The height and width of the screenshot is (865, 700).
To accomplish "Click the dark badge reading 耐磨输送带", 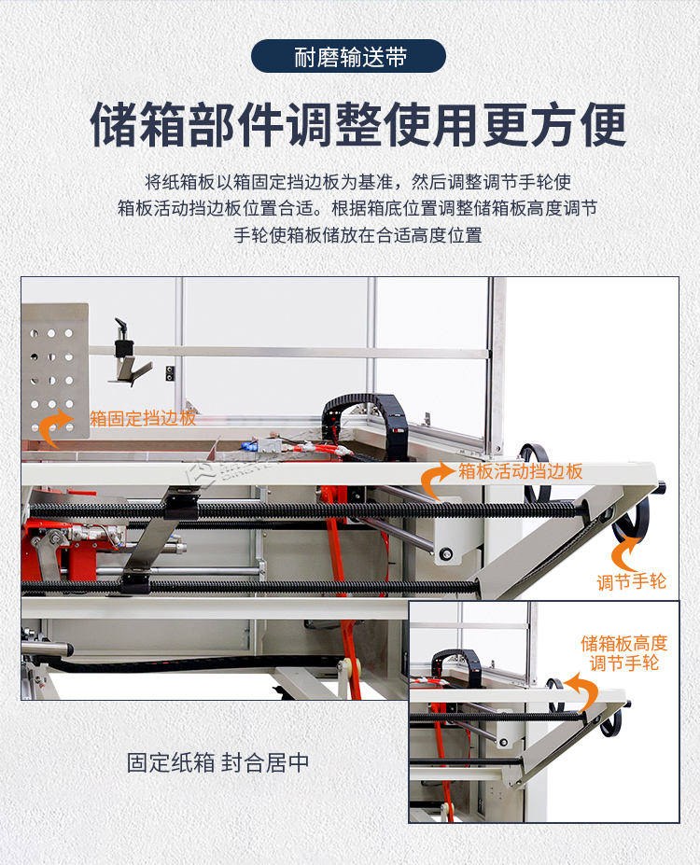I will pyautogui.click(x=349, y=57).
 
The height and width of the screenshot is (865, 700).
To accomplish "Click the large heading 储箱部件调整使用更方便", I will pyautogui.click(x=357, y=125).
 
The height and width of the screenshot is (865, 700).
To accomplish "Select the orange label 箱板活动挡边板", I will pyautogui.click(x=520, y=471).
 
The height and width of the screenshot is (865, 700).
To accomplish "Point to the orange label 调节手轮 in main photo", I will pyautogui.click(x=632, y=582).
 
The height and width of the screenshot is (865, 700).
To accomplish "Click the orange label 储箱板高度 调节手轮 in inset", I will pyautogui.click(x=624, y=653).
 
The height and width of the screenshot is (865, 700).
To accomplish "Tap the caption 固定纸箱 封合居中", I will pyautogui.click(x=217, y=762).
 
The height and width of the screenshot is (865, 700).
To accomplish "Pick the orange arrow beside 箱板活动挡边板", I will pyautogui.click(x=436, y=481).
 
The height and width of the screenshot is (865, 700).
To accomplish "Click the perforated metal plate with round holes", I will pyautogui.click(x=54, y=369).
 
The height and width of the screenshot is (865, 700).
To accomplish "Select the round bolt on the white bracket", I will pyautogui.click(x=446, y=554).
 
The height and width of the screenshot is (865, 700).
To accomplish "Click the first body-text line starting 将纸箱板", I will pyautogui.click(x=357, y=181).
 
